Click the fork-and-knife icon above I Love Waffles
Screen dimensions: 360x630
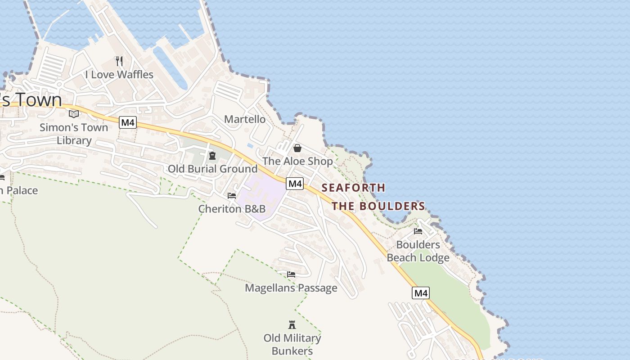(x=119, y=61)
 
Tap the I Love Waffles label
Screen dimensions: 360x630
(x=119, y=75)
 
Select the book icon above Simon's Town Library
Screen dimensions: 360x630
(x=74, y=114)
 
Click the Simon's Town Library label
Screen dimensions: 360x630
(x=74, y=134)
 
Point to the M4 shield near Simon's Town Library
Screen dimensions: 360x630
(x=128, y=122)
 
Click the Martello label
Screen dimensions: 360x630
(x=245, y=119)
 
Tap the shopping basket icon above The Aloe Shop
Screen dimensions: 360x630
(x=297, y=148)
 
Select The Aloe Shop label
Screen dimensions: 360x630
(x=297, y=161)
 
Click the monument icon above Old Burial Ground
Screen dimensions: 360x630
(x=212, y=156)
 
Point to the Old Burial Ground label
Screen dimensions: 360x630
(x=212, y=169)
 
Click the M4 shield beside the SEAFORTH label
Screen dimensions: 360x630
(x=295, y=184)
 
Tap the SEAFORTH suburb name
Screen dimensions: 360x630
(x=353, y=188)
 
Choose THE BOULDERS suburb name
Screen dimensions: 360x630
(x=378, y=207)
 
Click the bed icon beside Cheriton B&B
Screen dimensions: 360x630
(x=232, y=196)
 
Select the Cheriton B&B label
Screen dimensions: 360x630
(x=232, y=209)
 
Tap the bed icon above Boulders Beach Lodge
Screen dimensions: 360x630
(x=418, y=232)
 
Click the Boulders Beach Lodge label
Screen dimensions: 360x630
(x=418, y=251)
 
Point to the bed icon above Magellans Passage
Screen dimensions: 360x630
(x=291, y=274)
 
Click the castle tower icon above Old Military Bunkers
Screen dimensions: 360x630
(x=292, y=324)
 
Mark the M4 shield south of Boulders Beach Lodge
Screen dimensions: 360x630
(x=420, y=293)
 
